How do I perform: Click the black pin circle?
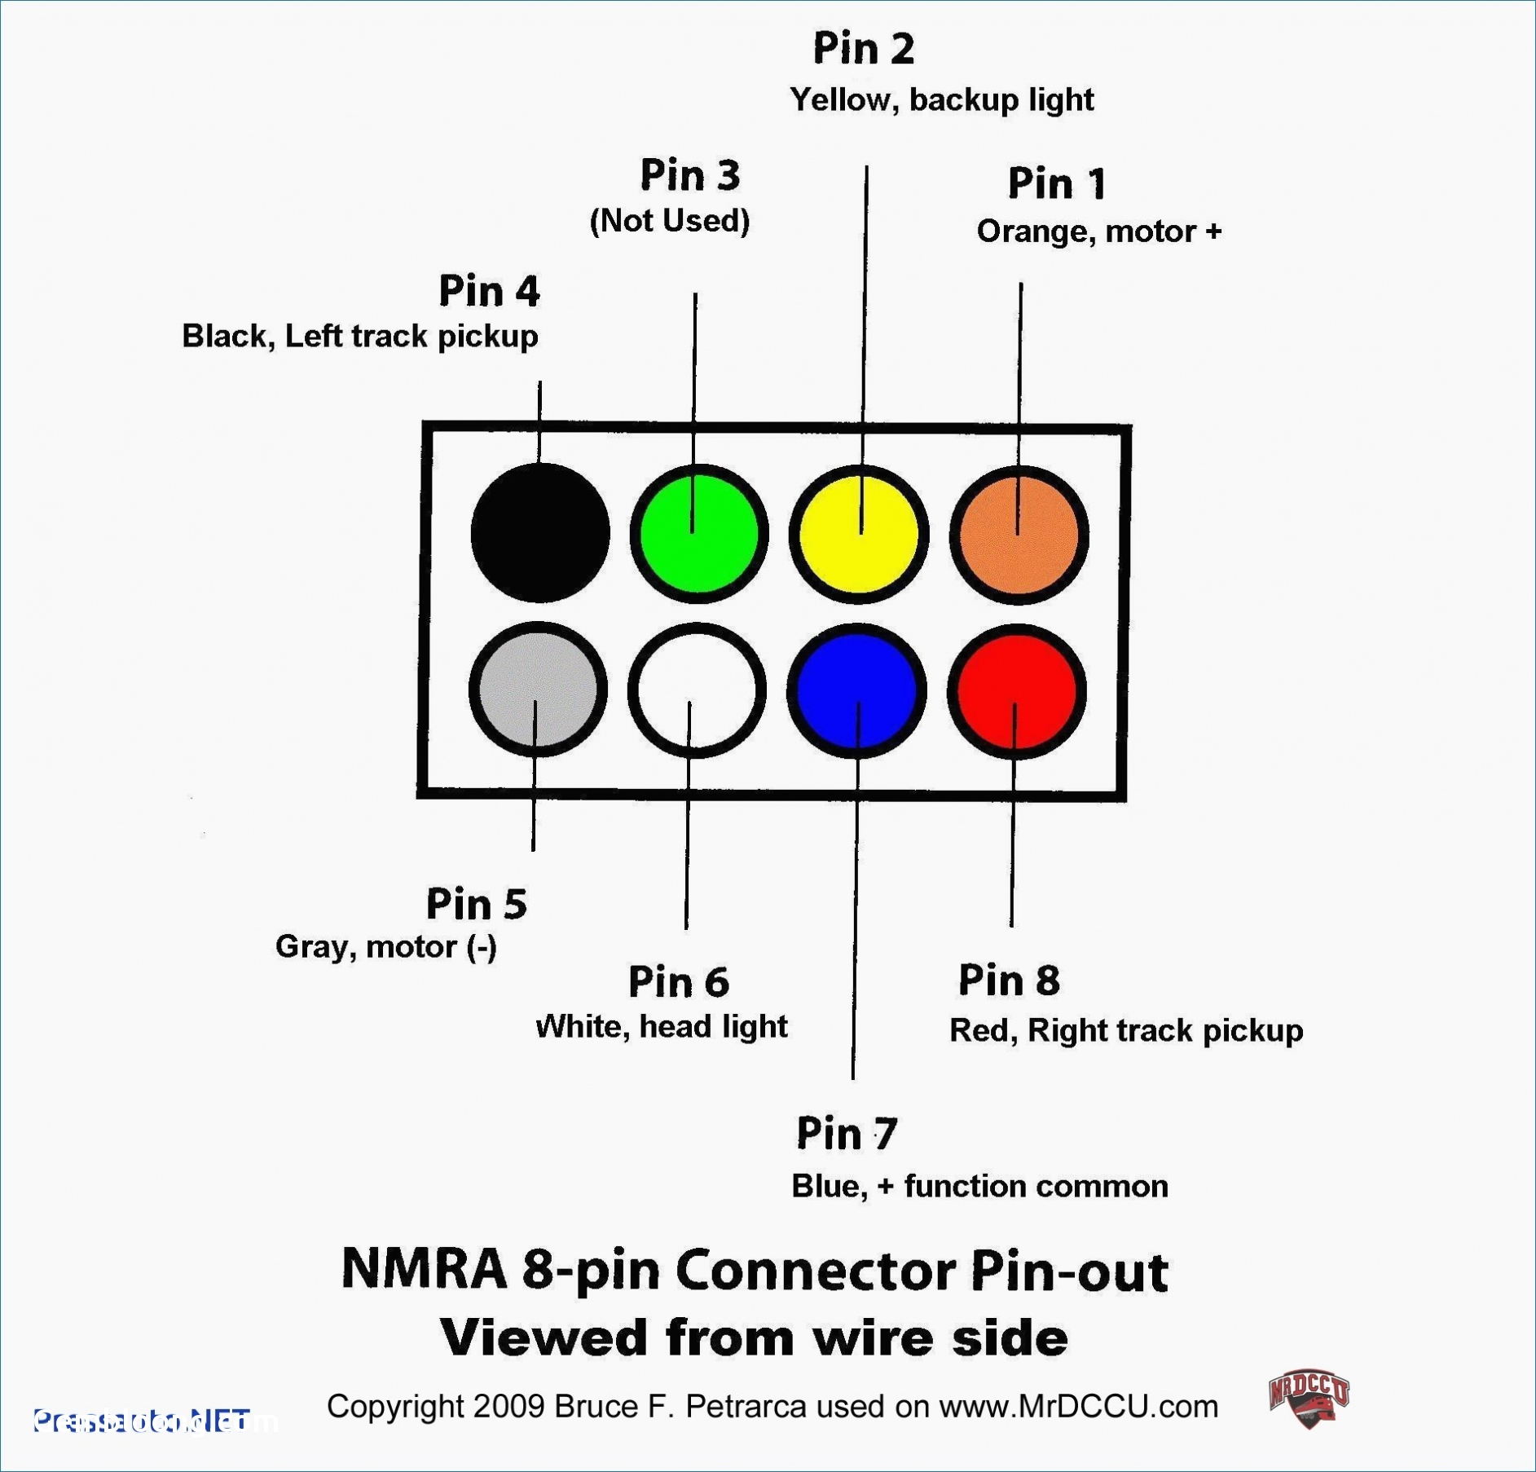[x=540, y=533]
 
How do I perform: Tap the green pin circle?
[x=698, y=534]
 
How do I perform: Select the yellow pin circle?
[x=858, y=534]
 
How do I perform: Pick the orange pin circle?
[x=1019, y=535]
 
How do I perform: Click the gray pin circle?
[x=538, y=690]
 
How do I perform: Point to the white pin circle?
[x=697, y=690]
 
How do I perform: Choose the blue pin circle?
[x=856, y=691]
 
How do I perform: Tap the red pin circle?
[x=1016, y=691]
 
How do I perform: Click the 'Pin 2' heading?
[x=864, y=49]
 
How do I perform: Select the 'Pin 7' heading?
[x=847, y=1133]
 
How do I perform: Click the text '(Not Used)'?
[x=669, y=221]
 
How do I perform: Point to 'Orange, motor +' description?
[x=1098, y=231]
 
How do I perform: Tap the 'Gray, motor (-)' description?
[x=386, y=947]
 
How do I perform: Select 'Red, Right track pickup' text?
[x=1125, y=1030]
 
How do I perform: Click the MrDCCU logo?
[x=1309, y=1399]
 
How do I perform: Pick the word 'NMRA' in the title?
[x=424, y=1269]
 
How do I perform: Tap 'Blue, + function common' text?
[x=979, y=1186]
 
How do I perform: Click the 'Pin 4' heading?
[x=489, y=291]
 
